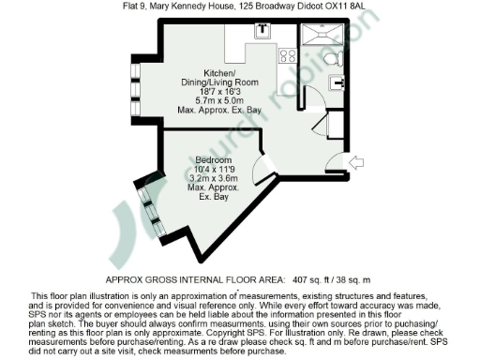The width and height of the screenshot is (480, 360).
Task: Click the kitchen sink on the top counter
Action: point(262,28)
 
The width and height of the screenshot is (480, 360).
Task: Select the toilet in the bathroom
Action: point(331,59)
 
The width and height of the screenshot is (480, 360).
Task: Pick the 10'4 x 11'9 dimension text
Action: point(214,169)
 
